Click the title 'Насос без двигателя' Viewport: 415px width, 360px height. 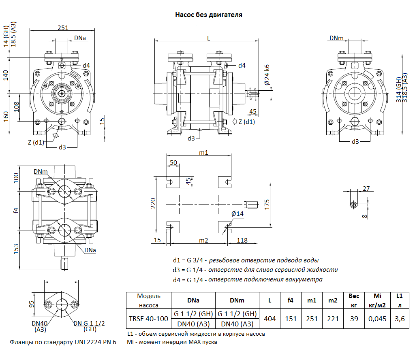(208, 15)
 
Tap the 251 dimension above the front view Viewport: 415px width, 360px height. (63, 28)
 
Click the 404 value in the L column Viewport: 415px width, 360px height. (270, 319)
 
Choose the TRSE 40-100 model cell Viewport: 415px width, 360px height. (148, 319)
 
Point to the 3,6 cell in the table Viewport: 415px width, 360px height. (400, 319)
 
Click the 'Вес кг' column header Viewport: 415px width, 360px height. (354, 301)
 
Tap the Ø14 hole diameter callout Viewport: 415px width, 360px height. (237, 213)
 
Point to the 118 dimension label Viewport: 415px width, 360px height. (242, 241)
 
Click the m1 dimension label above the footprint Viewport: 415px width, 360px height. (203, 153)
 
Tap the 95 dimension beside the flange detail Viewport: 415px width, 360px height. (31, 304)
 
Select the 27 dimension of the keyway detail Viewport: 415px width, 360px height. (366, 188)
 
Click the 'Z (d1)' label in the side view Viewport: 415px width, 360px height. (247, 121)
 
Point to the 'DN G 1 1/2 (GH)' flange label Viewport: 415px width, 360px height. (90, 326)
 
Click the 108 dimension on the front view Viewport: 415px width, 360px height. (17, 107)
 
